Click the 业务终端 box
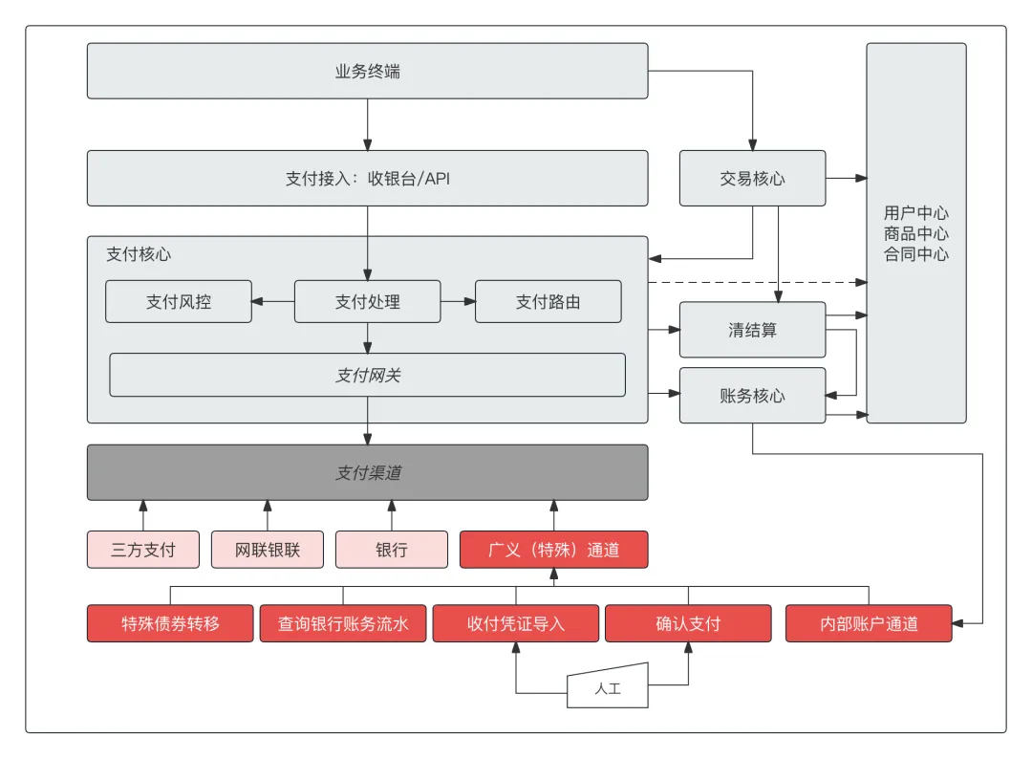[x=367, y=71]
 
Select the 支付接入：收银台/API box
[x=367, y=178]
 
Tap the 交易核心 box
[x=752, y=178]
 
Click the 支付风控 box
[x=179, y=301]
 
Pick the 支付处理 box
[x=367, y=301]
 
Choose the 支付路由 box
[x=548, y=301]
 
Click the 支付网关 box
[x=367, y=375]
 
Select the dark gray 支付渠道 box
[x=367, y=472]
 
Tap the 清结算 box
[x=752, y=330]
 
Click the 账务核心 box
[x=752, y=395]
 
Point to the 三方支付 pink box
[x=143, y=550]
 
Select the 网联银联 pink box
[x=268, y=550]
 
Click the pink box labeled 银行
[x=391, y=550]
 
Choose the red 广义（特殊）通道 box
[x=553, y=550]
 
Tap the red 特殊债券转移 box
[x=170, y=623]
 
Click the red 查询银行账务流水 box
[x=343, y=623]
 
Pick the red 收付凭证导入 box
[x=516, y=623]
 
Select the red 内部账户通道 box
[x=869, y=623]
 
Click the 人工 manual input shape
[x=608, y=687]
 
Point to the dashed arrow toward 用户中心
[x=755, y=283]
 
